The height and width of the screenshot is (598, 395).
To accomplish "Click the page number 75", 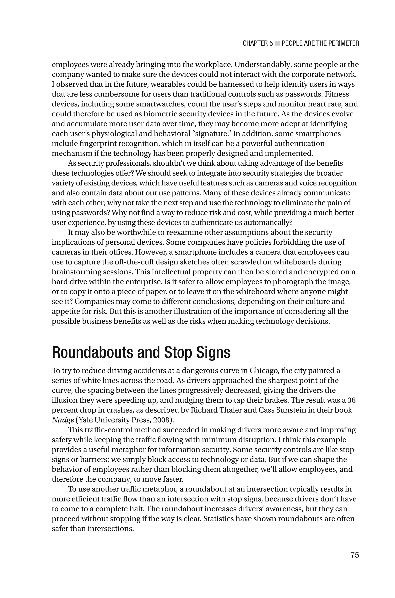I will click(x=354, y=554).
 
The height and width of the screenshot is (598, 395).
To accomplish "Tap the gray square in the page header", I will click(x=277, y=43).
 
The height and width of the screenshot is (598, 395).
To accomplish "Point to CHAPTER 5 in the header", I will click(x=257, y=44).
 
